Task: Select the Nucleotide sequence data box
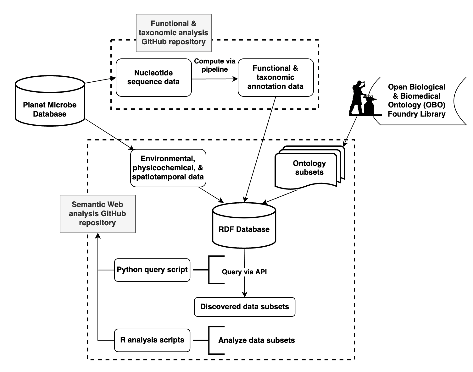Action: click(153, 77)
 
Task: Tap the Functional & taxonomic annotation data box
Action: click(275, 77)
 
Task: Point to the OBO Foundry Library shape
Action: click(417, 101)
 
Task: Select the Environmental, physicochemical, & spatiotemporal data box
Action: click(168, 168)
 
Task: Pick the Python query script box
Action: click(152, 270)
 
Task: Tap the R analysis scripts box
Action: click(152, 340)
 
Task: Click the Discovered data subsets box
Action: click(245, 307)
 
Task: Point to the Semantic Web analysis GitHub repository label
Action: click(97, 214)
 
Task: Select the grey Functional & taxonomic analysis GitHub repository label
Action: click(174, 33)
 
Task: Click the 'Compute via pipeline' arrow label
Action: click(215, 65)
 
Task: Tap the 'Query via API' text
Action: click(244, 272)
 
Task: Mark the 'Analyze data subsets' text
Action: click(257, 340)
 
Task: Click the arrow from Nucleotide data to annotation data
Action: click(215, 79)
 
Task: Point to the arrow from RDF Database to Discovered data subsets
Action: click(244, 283)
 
